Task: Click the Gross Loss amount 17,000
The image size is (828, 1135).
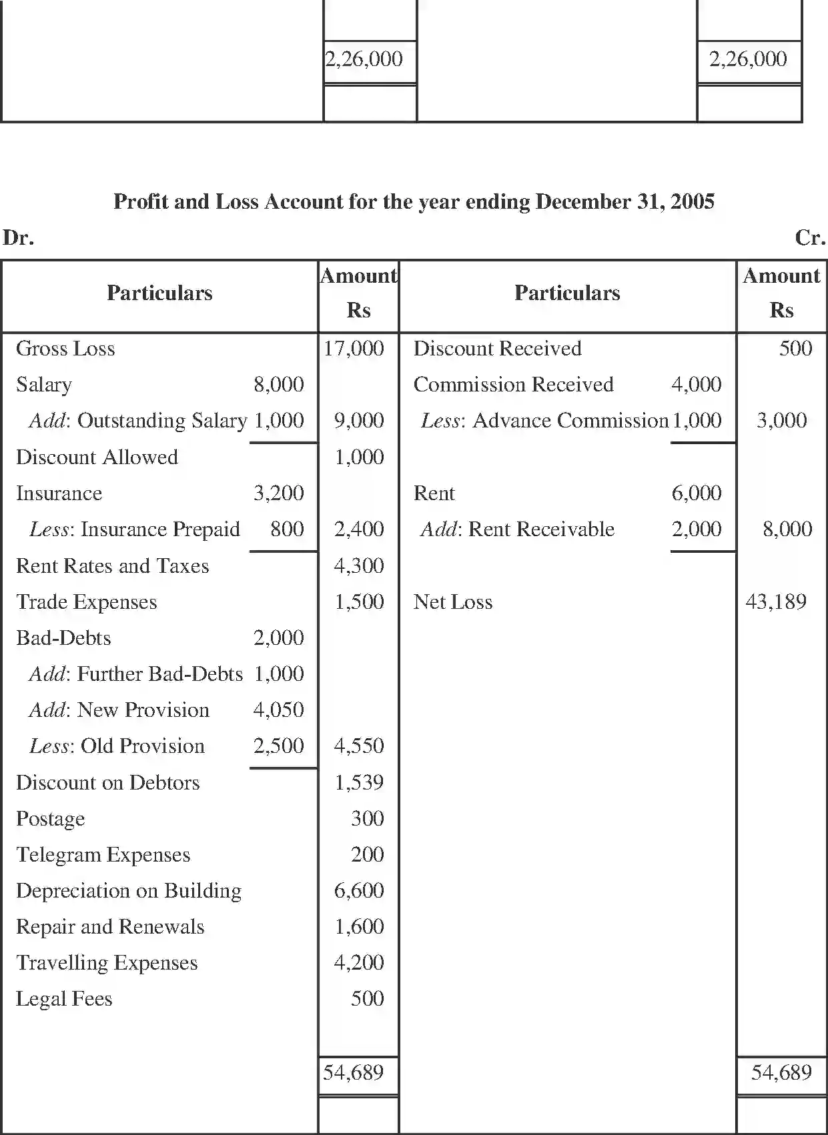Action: (354, 348)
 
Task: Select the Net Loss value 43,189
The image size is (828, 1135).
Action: (776, 602)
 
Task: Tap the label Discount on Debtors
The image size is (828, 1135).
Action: (107, 782)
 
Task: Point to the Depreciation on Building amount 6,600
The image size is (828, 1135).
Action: (359, 890)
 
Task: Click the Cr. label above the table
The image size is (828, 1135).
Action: (810, 237)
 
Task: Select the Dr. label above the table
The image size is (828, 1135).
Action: (18, 237)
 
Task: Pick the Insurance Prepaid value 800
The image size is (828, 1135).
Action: (287, 529)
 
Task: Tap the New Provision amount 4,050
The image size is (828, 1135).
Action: (278, 710)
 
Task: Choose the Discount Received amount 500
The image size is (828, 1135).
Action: (795, 348)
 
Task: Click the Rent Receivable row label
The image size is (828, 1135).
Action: (517, 529)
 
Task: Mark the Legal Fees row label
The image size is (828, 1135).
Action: (64, 998)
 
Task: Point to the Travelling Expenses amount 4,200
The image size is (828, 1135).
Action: (359, 962)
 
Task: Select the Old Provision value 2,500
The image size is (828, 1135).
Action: (278, 746)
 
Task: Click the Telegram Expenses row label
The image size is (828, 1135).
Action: (103, 854)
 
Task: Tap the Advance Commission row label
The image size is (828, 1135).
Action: (544, 420)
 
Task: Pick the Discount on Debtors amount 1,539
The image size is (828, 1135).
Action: (359, 782)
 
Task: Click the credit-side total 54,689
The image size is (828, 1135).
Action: (781, 1072)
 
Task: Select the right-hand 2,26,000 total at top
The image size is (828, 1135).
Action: (748, 59)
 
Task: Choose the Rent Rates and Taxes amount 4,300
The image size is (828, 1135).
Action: (359, 565)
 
